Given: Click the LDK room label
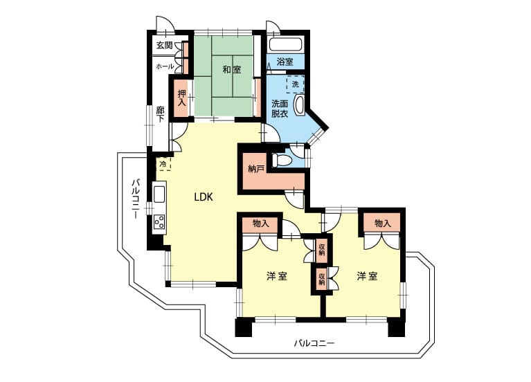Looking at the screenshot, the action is pos(204,197).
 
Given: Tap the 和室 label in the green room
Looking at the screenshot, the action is pos(232,70).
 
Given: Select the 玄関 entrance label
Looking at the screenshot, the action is pos(165,45).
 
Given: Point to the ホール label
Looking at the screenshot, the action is pos(165,66).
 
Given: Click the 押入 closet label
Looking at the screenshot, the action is pos(182,98).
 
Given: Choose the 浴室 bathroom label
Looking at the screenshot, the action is pos(285,62).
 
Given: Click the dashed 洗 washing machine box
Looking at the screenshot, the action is pos(296,84).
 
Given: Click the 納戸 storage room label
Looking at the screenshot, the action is pos(256,169).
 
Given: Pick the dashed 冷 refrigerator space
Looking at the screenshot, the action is pos(163,164).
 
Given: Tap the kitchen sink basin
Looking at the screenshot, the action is pos(159,194).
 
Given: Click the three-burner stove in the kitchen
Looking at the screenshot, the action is pos(159,221).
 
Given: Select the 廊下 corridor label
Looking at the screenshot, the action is pos(160,114).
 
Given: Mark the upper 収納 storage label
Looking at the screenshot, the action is pos(322,250).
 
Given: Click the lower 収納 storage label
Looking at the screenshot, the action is pos(322,278).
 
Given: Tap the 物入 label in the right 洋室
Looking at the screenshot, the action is pos(383,223).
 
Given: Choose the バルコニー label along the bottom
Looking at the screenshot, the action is pos(314,343).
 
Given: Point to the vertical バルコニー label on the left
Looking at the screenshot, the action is pos(136,199).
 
